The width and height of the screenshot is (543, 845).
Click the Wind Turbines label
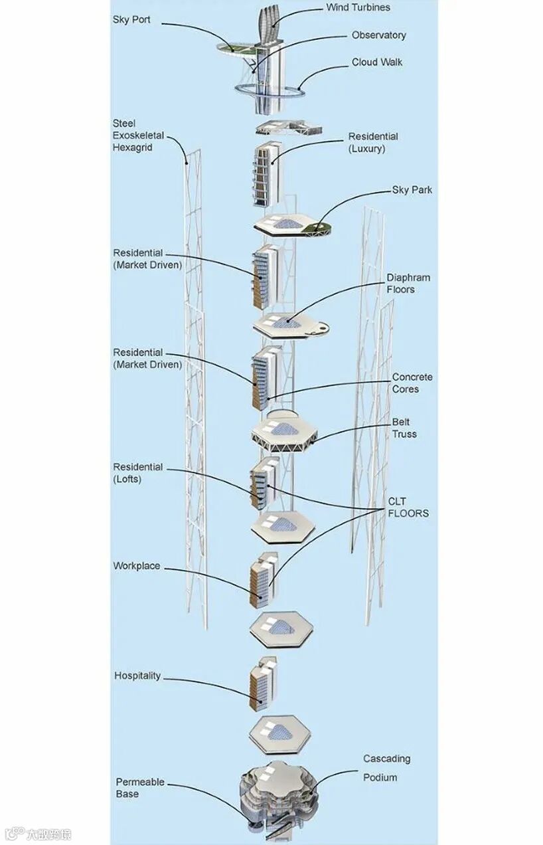pyautogui.click(x=358, y=8)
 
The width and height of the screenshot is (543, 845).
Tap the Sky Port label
pyautogui.click(x=131, y=20)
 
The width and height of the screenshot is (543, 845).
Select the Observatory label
pyautogui.click(x=378, y=35)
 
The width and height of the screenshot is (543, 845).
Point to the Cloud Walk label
pyautogui.click(x=377, y=62)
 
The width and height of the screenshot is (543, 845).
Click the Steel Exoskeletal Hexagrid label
pyautogui.click(x=137, y=136)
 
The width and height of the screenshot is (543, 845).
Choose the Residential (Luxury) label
pyautogui.click(x=373, y=143)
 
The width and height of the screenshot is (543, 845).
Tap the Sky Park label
pyautogui.click(x=412, y=190)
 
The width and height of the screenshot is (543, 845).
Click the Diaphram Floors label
pyautogui.click(x=408, y=284)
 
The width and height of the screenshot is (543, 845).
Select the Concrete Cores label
pyautogui.click(x=412, y=383)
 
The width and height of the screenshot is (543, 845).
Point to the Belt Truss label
pyautogui.click(x=404, y=428)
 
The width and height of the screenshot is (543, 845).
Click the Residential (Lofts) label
pyautogui.click(x=137, y=473)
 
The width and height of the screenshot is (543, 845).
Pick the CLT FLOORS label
pyautogui.click(x=408, y=508)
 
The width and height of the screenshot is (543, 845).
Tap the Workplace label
pyautogui.click(x=136, y=566)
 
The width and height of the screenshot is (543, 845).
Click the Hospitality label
pyautogui.click(x=137, y=676)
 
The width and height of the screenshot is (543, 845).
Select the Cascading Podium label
pyautogui.click(x=386, y=768)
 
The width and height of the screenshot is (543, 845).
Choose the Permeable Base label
pyautogui.click(x=140, y=788)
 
